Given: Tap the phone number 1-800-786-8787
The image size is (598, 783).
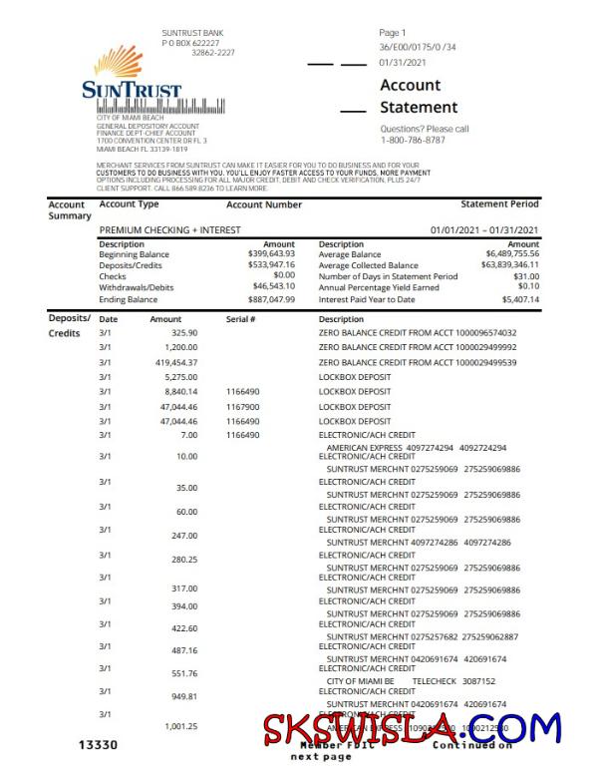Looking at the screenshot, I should pos(414,141).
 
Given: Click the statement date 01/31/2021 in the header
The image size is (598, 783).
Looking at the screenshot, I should pos(403,62).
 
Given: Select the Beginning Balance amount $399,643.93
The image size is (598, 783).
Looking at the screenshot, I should pos(271,254).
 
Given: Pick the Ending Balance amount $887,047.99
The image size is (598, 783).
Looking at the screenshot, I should pos(271,299).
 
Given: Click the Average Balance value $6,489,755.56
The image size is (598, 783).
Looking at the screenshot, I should pos(512,254).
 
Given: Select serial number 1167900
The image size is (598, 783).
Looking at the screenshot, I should pos(242,407).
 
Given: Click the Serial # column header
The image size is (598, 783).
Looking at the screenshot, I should pos(241,319).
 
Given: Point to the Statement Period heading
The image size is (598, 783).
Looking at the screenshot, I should pos(499,204).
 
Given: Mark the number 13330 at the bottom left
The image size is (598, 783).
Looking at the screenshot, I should pos(99,745).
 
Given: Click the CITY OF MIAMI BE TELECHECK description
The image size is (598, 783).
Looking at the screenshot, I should pos(411,681).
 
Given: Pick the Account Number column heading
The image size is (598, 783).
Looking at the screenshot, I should pos(264,204).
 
